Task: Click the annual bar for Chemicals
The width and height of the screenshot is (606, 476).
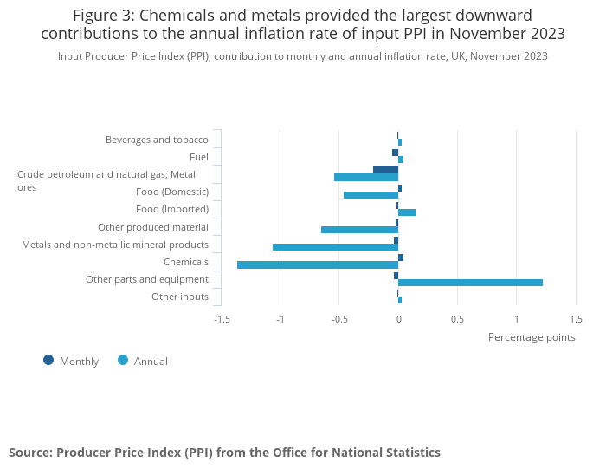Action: click(317, 264)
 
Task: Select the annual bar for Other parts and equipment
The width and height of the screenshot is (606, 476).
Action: click(470, 282)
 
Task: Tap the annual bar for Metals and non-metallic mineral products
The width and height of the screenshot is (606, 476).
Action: click(335, 247)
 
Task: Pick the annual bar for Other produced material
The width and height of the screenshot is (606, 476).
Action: click(359, 230)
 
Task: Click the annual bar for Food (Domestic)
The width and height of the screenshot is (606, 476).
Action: click(371, 195)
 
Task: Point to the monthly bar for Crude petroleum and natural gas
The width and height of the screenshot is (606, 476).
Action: click(385, 170)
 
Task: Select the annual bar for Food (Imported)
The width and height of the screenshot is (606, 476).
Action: click(407, 212)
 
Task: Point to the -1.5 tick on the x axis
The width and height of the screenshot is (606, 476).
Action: click(222, 318)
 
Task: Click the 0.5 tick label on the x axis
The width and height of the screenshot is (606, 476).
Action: click(457, 318)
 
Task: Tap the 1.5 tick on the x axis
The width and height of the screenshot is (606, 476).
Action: click(576, 318)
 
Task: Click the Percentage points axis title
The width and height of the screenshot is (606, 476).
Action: click(531, 337)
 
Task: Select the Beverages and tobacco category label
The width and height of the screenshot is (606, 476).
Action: click(157, 140)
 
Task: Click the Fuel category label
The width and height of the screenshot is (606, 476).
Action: click(198, 157)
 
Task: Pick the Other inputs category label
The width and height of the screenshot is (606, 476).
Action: click(180, 297)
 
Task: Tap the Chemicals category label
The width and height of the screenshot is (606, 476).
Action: click(186, 262)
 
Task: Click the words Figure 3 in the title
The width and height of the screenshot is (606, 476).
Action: click(101, 16)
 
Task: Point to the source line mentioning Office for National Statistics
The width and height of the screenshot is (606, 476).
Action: click(224, 453)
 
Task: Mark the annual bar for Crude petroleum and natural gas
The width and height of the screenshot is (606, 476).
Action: click(366, 178)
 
